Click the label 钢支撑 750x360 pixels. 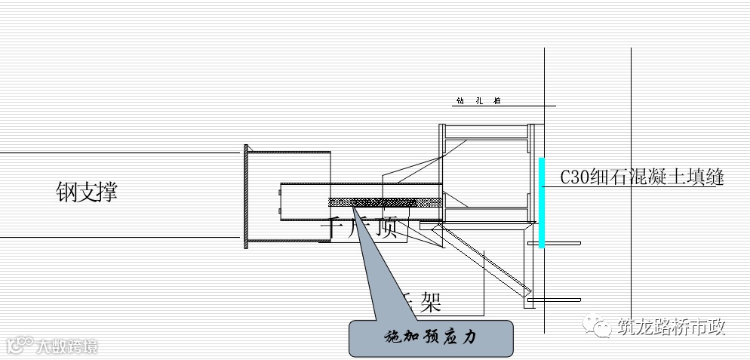87,192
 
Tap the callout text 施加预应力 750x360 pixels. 431,337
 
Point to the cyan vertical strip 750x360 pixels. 542,202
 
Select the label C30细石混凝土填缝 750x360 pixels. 642,178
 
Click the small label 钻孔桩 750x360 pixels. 479,100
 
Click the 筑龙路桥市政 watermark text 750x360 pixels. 671,328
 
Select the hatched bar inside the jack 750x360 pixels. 385,202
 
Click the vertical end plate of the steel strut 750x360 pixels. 246,196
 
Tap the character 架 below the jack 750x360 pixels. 429,303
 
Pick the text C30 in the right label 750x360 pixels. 573,178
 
